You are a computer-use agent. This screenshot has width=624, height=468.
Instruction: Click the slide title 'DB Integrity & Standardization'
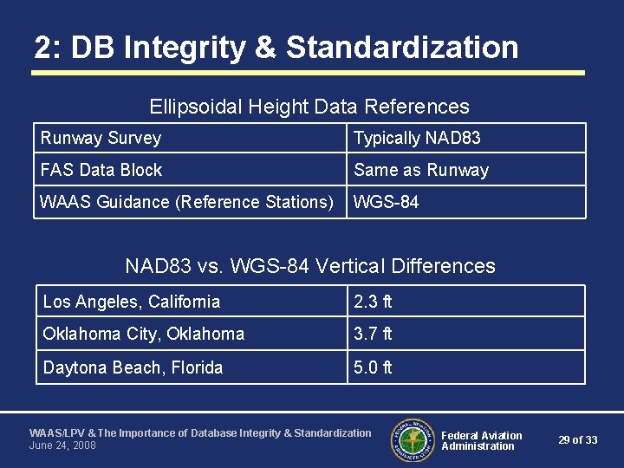(x=276, y=47)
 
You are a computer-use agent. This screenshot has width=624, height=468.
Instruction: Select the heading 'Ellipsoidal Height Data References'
(x=309, y=107)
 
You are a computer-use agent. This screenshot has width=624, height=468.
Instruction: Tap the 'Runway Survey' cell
(x=101, y=138)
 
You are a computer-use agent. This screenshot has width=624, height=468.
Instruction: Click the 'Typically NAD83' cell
(x=417, y=138)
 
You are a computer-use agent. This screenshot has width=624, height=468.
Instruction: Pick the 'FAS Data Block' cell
(x=101, y=170)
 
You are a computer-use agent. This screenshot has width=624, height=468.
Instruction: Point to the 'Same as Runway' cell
(x=421, y=170)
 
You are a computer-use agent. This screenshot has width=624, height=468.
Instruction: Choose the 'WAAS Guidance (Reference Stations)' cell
(x=186, y=202)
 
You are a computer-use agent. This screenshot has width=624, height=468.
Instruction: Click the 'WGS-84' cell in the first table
(x=387, y=202)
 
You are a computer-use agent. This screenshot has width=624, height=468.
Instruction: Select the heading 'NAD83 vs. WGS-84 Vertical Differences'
(x=310, y=265)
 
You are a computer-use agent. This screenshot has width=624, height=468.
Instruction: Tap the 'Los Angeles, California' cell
(x=132, y=302)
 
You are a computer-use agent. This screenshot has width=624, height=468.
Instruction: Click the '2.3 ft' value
(x=373, y=302)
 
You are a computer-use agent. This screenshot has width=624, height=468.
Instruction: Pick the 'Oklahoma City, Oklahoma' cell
(x=144, y=334)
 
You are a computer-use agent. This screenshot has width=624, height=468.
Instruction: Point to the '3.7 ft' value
(x=373, y=334)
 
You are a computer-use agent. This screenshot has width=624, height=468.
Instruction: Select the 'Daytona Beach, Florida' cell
(x=133, y=367)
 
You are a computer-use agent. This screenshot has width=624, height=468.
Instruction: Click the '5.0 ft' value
(x=373, y=367)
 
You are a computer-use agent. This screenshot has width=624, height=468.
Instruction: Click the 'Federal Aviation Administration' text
(x=482, y=440)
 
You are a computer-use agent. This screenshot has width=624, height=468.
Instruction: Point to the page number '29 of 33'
(x=578, y=440)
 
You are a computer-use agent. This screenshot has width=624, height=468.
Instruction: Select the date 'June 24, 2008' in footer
(x=62, y=445)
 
